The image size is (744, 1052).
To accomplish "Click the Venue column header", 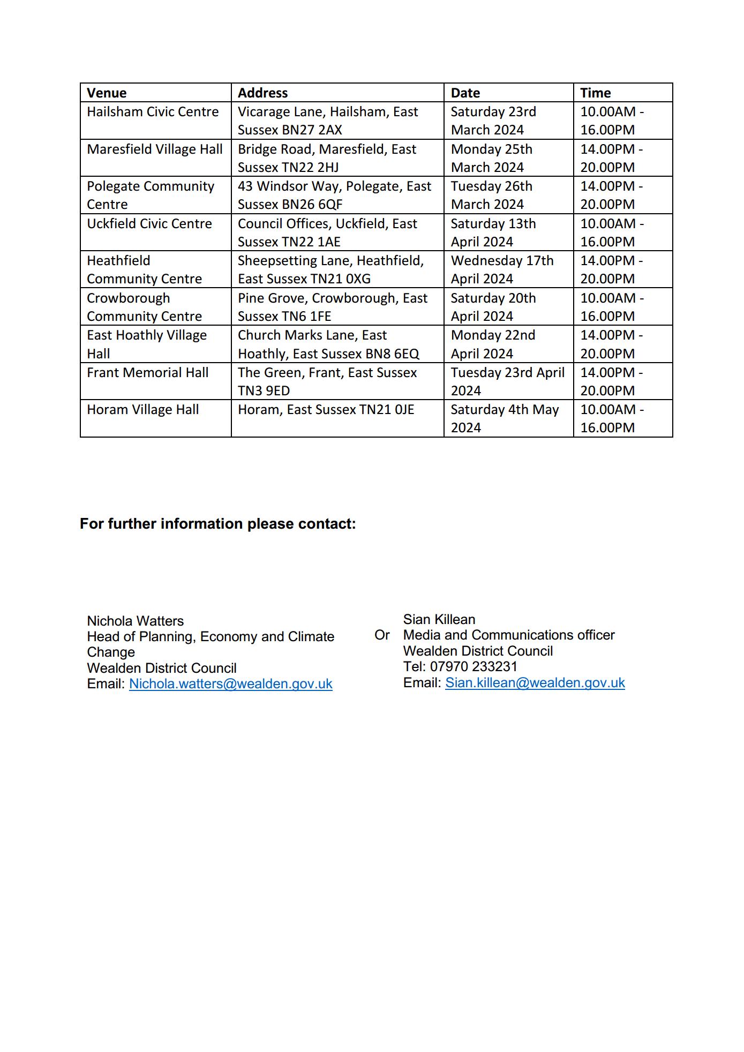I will pyautogui.click(x=107, y=93).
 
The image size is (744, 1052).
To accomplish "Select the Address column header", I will pyautogui.click(x=262, y=93).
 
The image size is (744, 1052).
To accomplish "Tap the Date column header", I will pyautogui.click(x=465, y=93).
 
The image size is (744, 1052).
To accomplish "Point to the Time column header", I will pyautogui.click(x=595, y=93).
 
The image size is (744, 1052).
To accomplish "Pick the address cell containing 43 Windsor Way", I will pyautogui.click(x=334, y=195).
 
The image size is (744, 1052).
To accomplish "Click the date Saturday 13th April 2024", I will pyautogui.click(x=493, y=232).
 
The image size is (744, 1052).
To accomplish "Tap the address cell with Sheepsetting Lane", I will pyautogui.click(x=330, y=269).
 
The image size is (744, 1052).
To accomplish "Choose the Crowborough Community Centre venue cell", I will pyautogui.click(x=144, y=307).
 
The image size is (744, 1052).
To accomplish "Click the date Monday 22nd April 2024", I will pyautogui.click(x=493, y=344).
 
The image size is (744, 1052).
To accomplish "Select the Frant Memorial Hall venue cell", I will pyautogui.click(x=147, y=373).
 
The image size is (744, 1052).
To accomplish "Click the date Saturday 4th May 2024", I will pyautogui.click(x=504, y=418).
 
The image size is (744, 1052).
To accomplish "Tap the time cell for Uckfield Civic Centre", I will pyautogui.click(x=612, y=232).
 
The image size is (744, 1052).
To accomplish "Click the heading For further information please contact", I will pyautogui.click(x=217, y=523).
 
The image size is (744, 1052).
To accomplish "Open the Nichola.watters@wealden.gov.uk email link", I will pyautogui.click(x=230, y=684).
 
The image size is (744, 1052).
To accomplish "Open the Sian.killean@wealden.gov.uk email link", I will pyautogui.click(x=535, y=683).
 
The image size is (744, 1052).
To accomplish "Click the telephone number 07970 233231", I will pyautogui.click(x=474, y=667).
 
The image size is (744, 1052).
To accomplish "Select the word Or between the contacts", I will pyautogui.click(x=382, y=635).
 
